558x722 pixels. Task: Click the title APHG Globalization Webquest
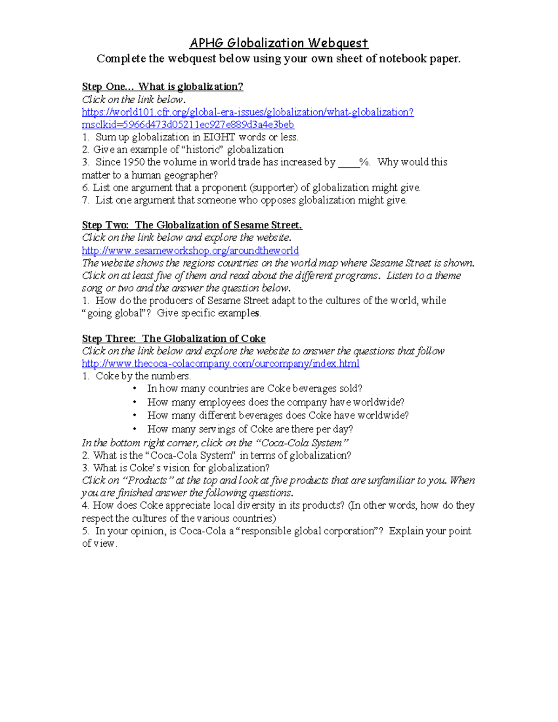(x=279, y=43)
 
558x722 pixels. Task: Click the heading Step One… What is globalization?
(x=162, y=86)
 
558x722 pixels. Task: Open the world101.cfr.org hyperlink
(x=247, y=112)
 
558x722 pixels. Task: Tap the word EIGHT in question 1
(x=219, y=137)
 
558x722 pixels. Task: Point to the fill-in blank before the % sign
(x=349, y=163)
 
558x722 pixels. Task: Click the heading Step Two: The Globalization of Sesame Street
(x=192, y=225)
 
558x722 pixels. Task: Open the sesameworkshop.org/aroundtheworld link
(x=190, y=251)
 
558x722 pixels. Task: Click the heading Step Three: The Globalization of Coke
(x=173, y=338)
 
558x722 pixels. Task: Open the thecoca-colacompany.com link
(x=220, y=364)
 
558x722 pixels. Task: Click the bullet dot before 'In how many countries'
(x=135, y=389)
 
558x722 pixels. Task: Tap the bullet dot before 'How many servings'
(x=135, y=429)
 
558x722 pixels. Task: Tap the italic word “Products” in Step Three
(x=147, y=480)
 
